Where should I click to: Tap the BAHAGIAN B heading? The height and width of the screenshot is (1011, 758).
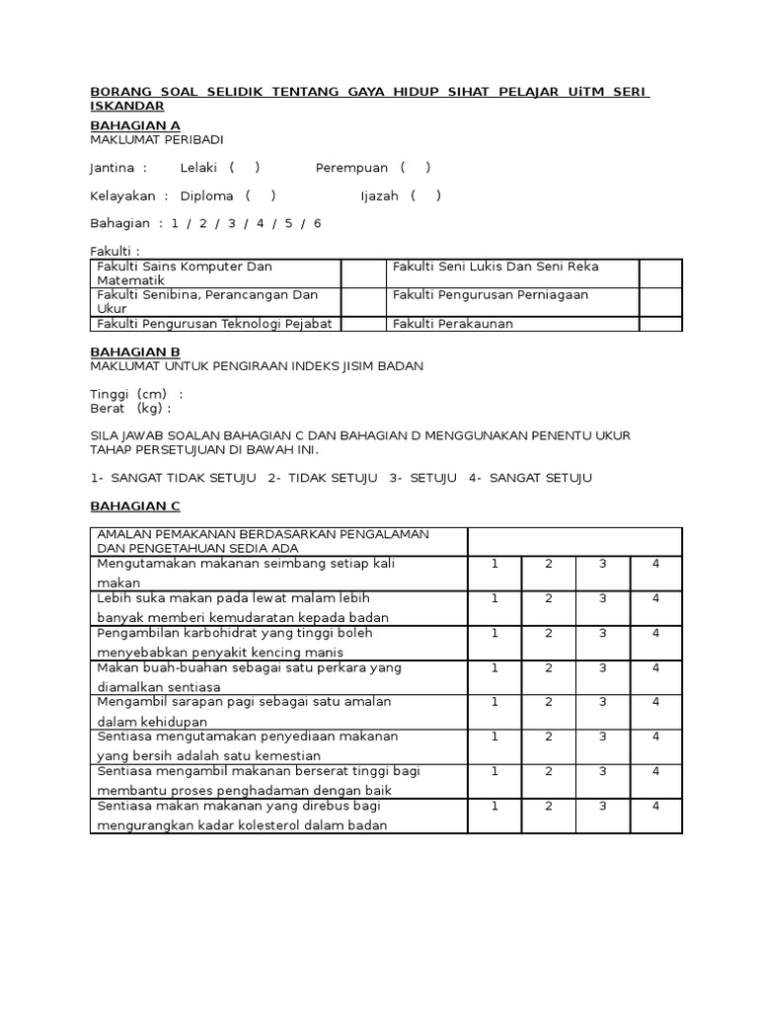tap(135, 351)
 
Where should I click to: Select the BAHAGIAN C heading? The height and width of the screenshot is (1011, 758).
tap(135, 506)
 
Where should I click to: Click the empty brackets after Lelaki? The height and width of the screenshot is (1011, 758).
tap(244, 168)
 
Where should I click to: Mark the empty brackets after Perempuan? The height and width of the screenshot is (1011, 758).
tap(416, 168)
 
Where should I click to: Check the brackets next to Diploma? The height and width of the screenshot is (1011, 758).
tap(261, 195)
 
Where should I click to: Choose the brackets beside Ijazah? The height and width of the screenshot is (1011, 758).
tap(425, 195)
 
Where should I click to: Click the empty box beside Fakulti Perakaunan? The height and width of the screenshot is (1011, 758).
tap(660, 324)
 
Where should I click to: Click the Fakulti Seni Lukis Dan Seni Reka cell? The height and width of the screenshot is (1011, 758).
tap(495, 267)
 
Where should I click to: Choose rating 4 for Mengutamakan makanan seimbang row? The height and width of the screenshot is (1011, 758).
tap(655, 563)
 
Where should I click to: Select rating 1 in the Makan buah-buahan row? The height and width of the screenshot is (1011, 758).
tap(494, 667)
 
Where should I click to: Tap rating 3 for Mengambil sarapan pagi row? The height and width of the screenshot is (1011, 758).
tap(602, 702)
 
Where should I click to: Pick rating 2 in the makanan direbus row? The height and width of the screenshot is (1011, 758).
tap(549, 807)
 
